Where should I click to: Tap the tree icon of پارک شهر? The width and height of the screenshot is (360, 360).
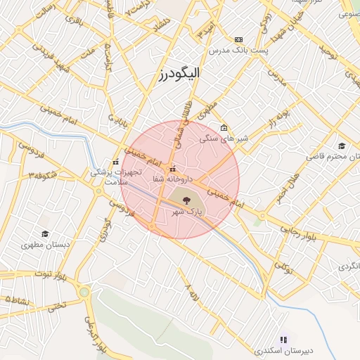pyautogui.click(x=186, y=200)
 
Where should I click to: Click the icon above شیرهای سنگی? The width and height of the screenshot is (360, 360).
pyautogui.click(x=224, y=128)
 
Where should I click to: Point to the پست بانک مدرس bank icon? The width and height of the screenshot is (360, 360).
pyautogui.click(x=238, y=40)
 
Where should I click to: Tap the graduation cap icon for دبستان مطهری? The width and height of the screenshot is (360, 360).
pyautogui.click(x=45, y=234)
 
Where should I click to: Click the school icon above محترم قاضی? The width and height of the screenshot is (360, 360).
pyautogui.click(x=342, y=146)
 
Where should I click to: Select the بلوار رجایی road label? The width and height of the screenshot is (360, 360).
pyautogui.click(x=304, y=233)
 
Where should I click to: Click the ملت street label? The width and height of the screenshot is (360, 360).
pyautogui.click(x=87, y=53)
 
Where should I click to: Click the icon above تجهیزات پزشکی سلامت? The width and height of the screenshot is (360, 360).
pyautogui.click(x=115, y=162)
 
